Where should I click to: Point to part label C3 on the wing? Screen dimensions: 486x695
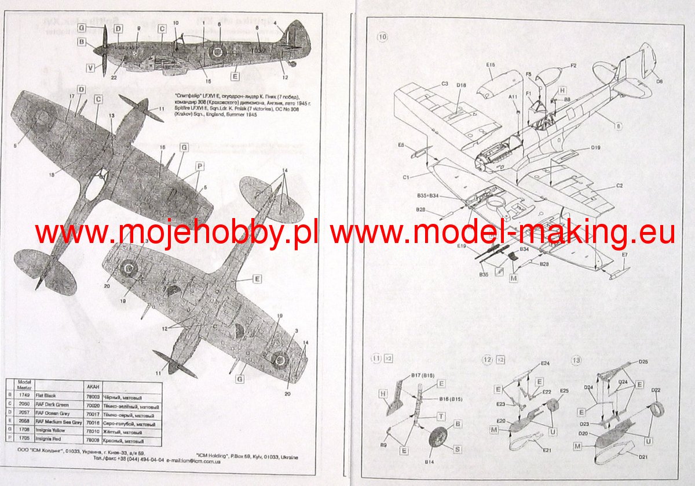[445, 84]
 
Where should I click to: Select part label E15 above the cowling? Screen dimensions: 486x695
[490, 66]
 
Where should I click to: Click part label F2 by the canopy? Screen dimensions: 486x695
[573, 66]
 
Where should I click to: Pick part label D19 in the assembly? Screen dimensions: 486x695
[595, 148]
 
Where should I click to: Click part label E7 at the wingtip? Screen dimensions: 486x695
[625, 255]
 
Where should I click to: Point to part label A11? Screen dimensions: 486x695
[513, 97]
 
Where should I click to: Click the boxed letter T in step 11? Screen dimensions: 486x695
[441, 417]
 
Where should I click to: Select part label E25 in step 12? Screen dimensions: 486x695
[565, 391]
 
